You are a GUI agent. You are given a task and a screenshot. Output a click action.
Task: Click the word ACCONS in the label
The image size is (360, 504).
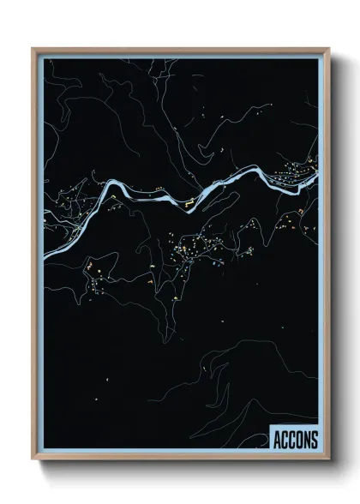(295, 441)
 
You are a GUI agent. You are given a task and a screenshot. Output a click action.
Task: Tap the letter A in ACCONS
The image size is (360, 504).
(277, 441)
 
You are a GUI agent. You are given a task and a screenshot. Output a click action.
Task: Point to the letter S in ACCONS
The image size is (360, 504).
(314, 441)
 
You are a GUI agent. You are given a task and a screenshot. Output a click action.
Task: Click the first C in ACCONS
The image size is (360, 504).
(285, 441)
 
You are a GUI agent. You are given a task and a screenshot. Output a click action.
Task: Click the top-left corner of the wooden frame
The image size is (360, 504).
(33, 49)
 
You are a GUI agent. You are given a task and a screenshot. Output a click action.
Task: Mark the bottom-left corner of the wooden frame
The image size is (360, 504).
(33, 460)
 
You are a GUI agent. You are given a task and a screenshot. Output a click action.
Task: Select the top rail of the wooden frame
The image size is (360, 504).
(180, 50)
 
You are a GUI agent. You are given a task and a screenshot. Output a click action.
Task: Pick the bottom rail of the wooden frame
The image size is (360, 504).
(180, 459)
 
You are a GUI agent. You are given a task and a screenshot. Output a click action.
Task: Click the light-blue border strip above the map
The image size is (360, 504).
(180, 57)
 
